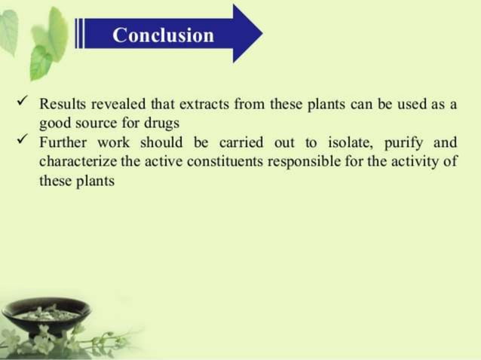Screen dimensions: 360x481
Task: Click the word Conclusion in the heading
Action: [163, 35]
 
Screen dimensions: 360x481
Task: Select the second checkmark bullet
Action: [22, 139]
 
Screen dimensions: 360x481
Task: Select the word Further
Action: [63, 142]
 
